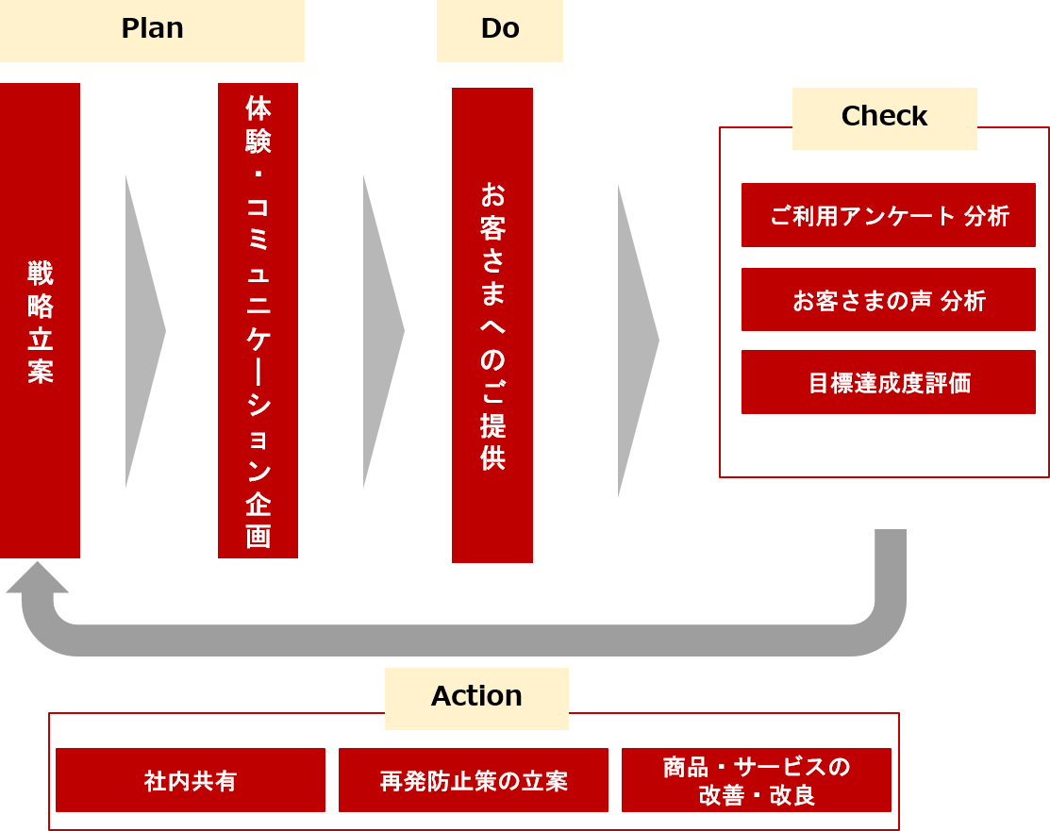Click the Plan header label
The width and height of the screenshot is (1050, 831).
tap(152, 29)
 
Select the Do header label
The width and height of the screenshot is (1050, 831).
tap(499, 29)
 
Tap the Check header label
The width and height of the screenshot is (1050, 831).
tap(884, 117)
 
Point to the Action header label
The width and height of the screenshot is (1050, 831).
tap(476, 697)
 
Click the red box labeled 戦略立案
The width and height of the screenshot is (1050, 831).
tap(40, 321)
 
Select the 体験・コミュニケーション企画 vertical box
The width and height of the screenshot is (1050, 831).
tap(258, 321)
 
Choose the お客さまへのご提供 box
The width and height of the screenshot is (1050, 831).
tap(492, 325)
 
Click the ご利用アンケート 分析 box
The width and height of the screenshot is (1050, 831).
tap(888, 215)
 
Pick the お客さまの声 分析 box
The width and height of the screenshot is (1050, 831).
tap(888, 300)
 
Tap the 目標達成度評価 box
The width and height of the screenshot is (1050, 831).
tap(888, 382)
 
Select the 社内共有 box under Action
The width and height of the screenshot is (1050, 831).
tap(191, 780)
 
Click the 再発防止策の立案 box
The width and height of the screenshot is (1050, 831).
tap(474, 780)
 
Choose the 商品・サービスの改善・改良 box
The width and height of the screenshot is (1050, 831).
tap(756, 780)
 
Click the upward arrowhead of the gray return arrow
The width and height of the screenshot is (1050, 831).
tap(37, 577)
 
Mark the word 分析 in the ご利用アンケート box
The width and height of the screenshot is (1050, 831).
tap(987, 216)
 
